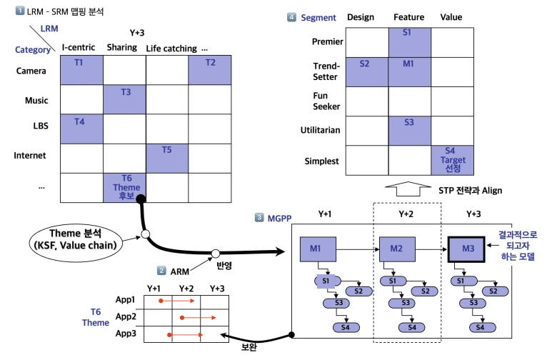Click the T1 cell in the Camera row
pyautogui.click(x=81, y=69)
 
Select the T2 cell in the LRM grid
pyautogui.click(x=209, y=69)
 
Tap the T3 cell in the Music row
pyautogui.click(x=124, y=99)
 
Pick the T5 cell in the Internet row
pyautogui.click(x=166, y=157)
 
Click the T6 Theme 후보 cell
pyautogui.click(x=124, y=186)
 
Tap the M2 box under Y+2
pyautogui.click(x=397, y=248)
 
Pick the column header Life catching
pyautogui.click(x=171, y=49)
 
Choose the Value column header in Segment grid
pyautogui.click(x=451, y=16)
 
